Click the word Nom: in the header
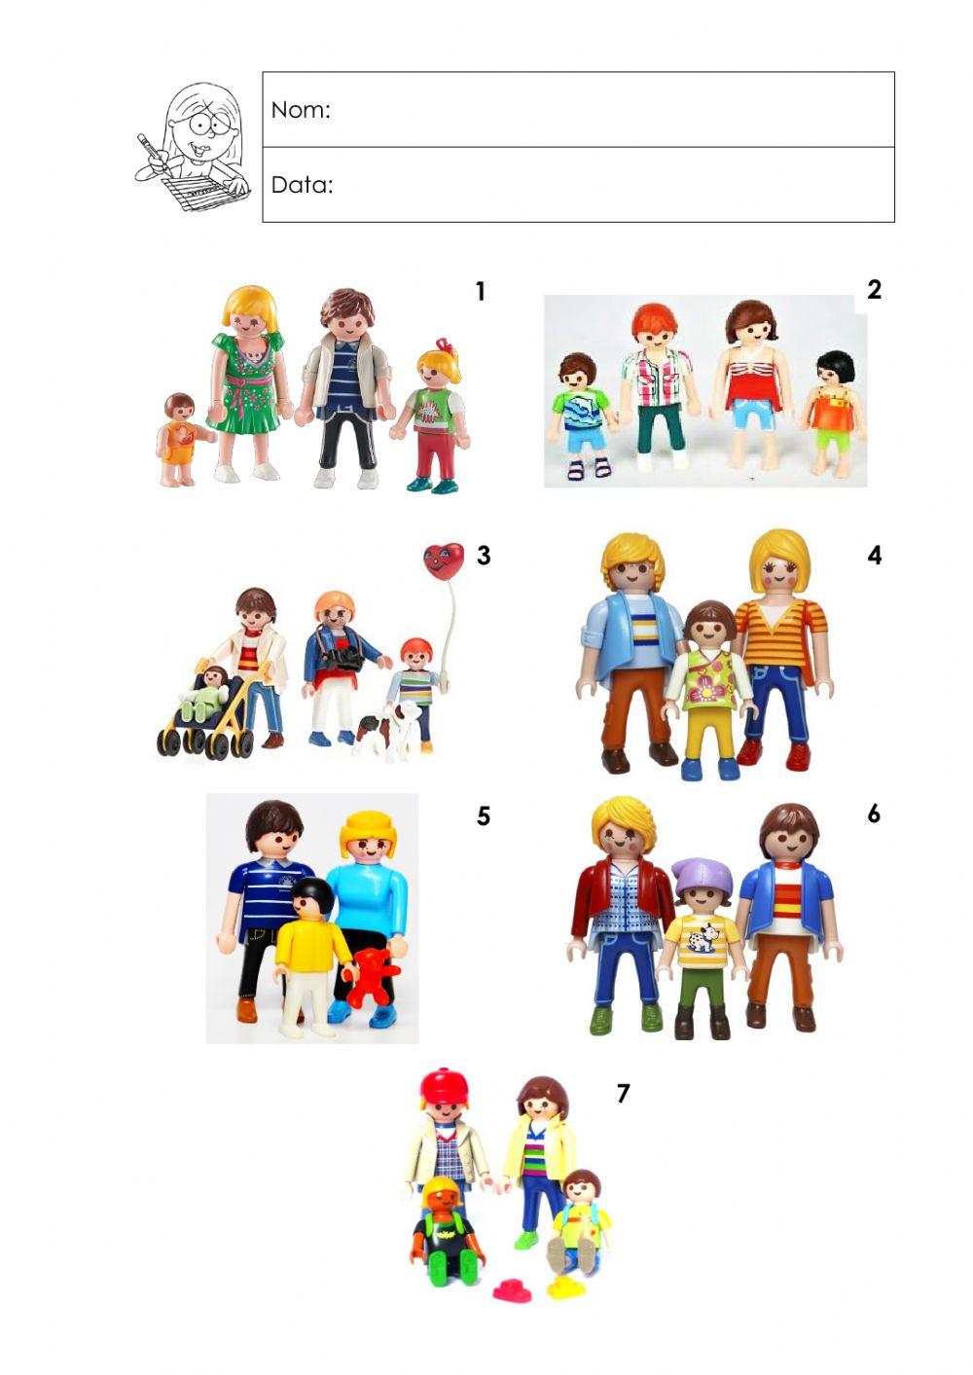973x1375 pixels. pos(301,110)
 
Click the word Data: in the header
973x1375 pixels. pos(302,185)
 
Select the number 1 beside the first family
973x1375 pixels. pos(480,291)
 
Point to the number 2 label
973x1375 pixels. pos(874,289)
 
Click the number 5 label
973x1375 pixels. pos(484,815)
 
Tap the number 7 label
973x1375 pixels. pos(623,1094)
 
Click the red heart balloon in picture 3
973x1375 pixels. pos(443,561)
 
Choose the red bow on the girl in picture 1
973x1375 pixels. pos(446,346)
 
